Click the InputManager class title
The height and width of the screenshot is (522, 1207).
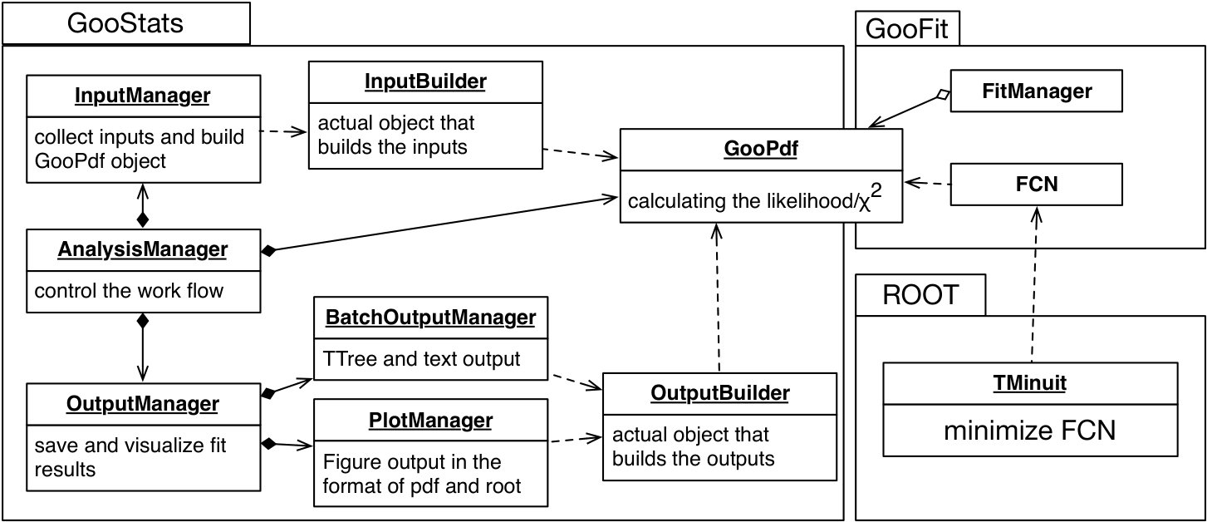(142, 96)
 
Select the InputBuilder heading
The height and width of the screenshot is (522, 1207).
(425, 81)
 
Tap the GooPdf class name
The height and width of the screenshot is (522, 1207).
(761, 149)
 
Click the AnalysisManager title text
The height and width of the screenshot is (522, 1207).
(142, 249)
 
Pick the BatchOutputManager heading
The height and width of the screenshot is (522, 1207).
(430, 317)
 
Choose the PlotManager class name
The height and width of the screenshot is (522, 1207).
(430, 420)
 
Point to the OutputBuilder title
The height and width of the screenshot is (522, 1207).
(720, 393)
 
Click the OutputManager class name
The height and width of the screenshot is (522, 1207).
(142, 404)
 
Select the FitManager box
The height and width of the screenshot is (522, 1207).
(1036, 91)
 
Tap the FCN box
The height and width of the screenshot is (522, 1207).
(1036, 185)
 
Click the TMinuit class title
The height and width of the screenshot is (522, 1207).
(1030, 383)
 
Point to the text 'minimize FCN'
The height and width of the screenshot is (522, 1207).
(1030, 431)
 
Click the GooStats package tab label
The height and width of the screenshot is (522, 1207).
(125, 24)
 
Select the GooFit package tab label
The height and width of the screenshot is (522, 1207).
(906, 29)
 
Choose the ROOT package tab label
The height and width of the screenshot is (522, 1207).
(920, 295)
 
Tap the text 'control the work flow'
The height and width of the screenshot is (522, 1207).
(129, 291)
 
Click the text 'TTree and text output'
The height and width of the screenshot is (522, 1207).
(421, 358)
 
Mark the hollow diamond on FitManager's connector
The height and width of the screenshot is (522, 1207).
(944, 96)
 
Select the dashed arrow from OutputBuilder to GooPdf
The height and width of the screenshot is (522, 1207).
(717, 298)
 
